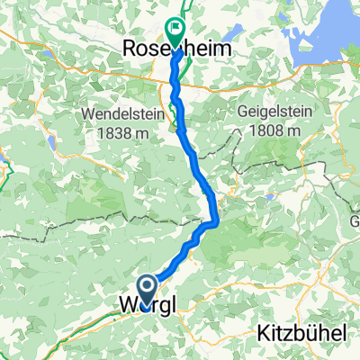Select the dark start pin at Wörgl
[x=147, y=289]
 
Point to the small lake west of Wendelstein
[x=51, y=144]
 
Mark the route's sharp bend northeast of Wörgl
[x=217, y=220]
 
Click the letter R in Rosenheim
[x=128, y=51]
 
